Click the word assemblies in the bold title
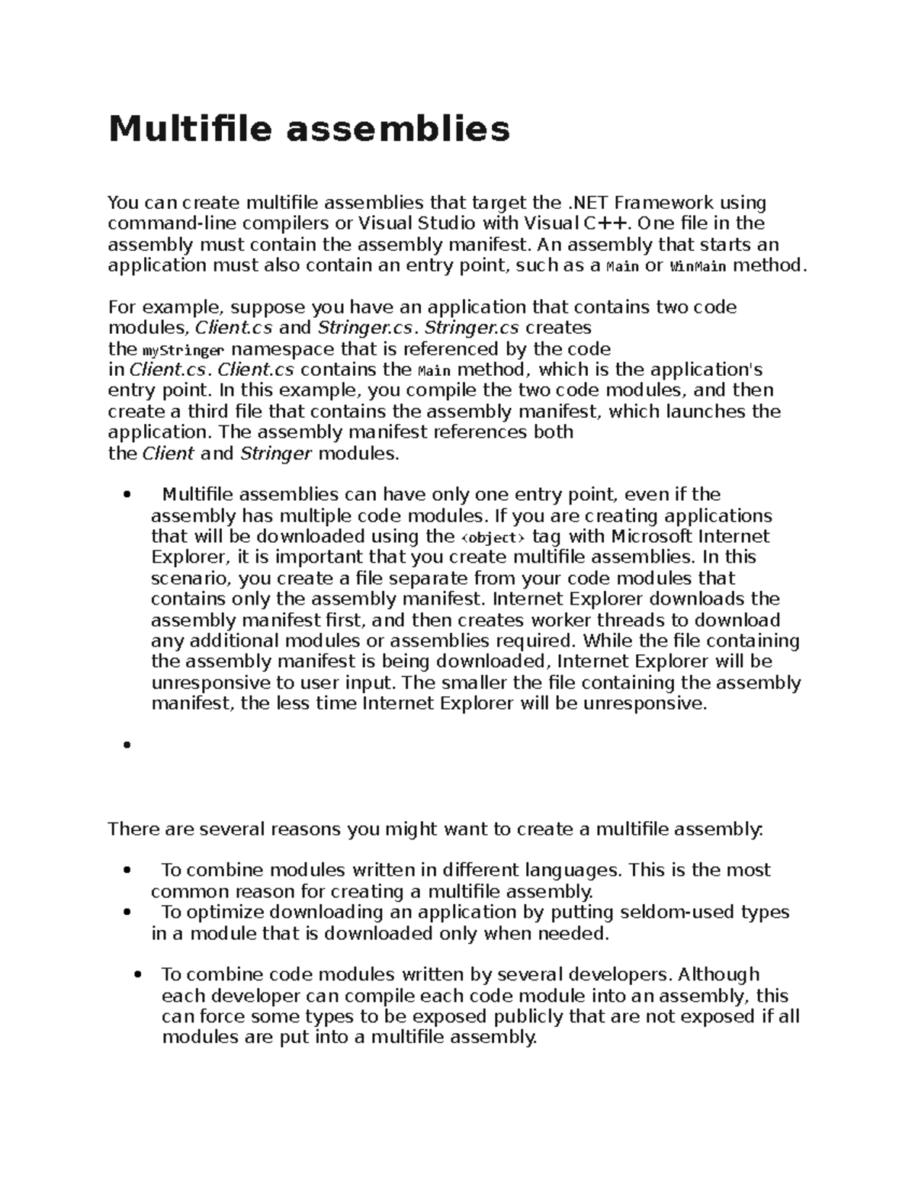click(x=397, y=128)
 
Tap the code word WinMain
click(x=698, y=267)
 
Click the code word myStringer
click(x=183, y=351)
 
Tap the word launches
click(x=708, y=412)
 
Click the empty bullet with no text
click(x=127, y=745)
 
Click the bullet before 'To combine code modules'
click(x=138, y=975)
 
